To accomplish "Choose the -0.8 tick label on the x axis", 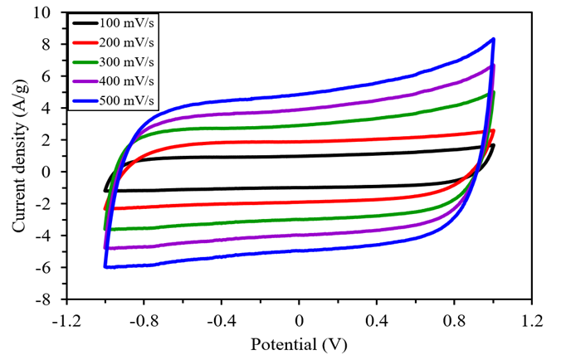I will coord(144,319).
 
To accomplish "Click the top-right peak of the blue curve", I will coord(494,39).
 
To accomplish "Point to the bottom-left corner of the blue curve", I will coord(105,267).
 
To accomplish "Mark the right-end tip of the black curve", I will coord(494,145).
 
